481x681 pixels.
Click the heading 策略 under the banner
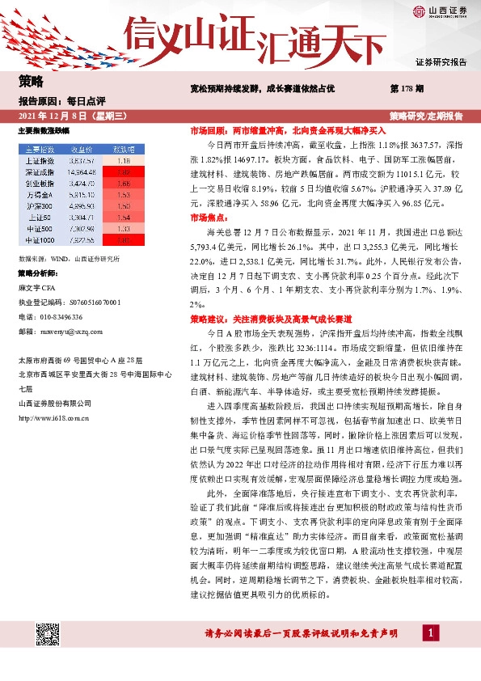pyautogui.click(x=31, y=81)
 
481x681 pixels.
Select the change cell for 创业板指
pyautogui.click(x=124, y=184)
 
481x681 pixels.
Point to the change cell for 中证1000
pyautogui.click(x=124, y=240)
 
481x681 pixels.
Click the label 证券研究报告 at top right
pyautogui.click(x=441, y=61)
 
